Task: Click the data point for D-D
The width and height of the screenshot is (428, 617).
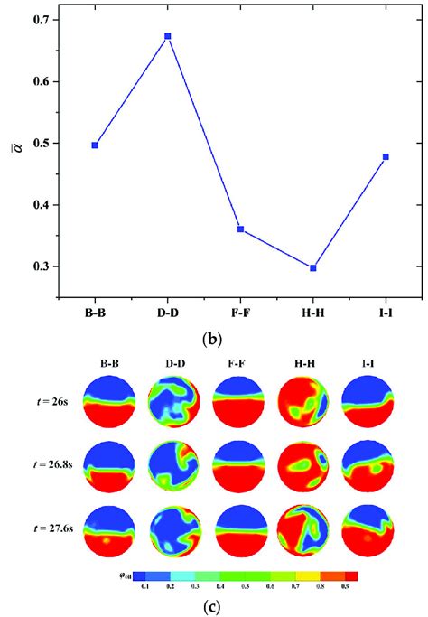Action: [168, 36]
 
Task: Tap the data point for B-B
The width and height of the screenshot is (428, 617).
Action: [95, 145]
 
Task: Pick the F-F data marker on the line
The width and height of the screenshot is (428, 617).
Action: [240, 229]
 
